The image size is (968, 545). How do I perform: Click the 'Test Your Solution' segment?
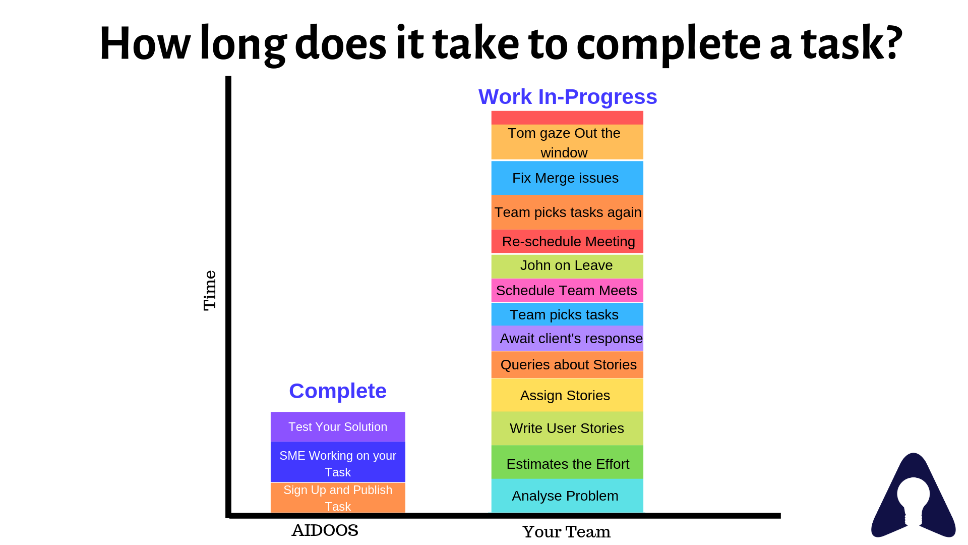click(x=338, y=427)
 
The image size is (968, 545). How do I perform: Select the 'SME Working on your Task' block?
click(x=338, y=462)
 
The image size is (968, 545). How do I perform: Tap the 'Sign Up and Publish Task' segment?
click(x=338, y=498)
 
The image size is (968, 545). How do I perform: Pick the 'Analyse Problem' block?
click(x=567, y=496)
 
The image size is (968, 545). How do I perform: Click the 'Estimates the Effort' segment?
click(x=567, y=462)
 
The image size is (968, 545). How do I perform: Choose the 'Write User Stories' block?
click(x=567, y=428)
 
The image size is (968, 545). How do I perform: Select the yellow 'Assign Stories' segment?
click(x=567, y=395)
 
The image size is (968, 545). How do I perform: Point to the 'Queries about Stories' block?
click(x=567, y=364)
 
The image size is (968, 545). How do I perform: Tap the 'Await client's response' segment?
click(x=567, y=339)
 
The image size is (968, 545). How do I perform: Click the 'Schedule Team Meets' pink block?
click(x=567, y=291)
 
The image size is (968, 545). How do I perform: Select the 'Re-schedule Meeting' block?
click(x=567, y=241)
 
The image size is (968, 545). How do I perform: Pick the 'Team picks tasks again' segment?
click(x=567, y=212)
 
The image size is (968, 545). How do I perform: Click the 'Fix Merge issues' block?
click(x=567, y=178)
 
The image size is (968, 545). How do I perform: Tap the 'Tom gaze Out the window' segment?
click(x=567, y=142)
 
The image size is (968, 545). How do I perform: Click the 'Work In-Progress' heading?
click(x=568, y=96)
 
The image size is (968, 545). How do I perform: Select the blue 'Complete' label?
click(x=338, y=391)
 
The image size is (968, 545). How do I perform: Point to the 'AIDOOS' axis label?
click(x=325, y=530)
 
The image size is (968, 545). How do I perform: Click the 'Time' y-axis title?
click(x=210, y=291)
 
